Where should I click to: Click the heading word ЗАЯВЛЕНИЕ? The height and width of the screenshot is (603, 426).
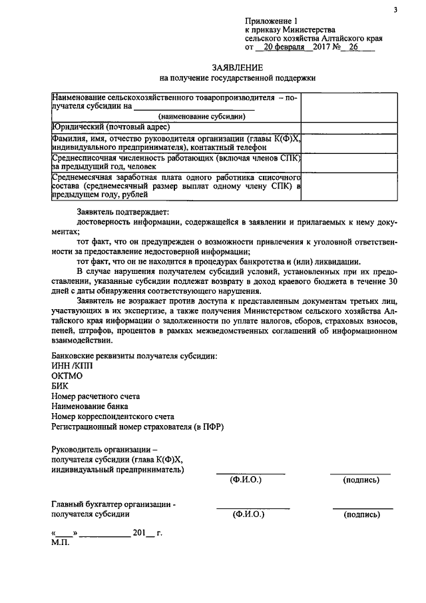pos(238,67)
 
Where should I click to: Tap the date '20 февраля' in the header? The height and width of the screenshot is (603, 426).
pos(283,48)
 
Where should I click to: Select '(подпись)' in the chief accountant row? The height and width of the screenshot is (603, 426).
pos(361,514)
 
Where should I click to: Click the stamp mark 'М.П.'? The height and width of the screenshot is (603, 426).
pos(60,543)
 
